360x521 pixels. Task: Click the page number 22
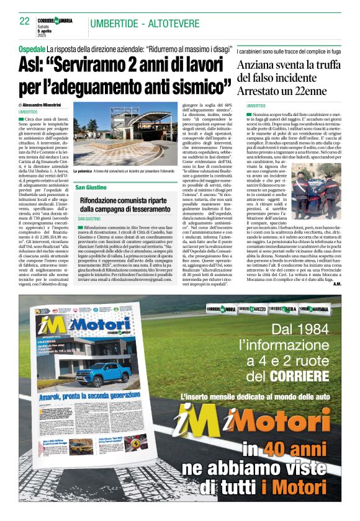pyautogui.click(x=25, y=21)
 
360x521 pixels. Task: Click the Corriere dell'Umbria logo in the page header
pyautogui.click(x=56, y=21)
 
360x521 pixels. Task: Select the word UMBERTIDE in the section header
pyautogui.click(x=115, y=24)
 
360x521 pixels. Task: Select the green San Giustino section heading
pyautogui.click(x=92, y=187)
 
